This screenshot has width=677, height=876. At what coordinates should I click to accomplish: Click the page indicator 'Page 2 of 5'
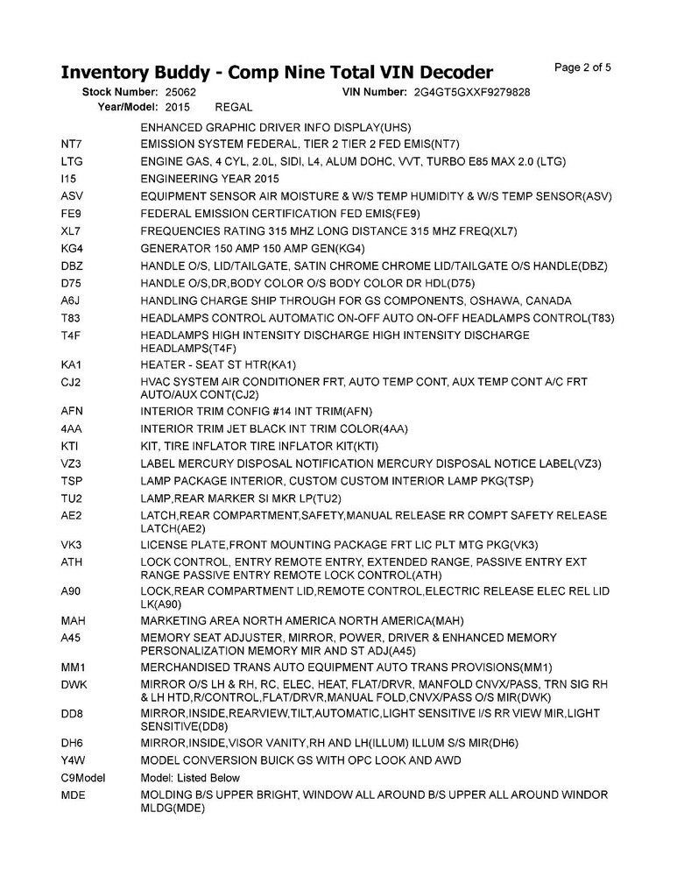click(583, 67)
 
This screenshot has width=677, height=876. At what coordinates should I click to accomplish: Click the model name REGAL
click(233, 107)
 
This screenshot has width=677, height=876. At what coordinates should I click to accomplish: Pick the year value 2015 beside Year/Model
click(177, 107)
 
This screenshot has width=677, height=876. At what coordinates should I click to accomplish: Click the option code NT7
click(71, 144)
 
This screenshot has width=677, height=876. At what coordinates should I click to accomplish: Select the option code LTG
click(72, 161)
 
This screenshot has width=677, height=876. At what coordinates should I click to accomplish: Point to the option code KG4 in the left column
click(72, 248)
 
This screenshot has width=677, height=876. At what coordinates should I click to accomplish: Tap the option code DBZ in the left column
click(73, 265)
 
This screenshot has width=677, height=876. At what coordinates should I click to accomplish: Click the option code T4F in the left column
click(71, 336)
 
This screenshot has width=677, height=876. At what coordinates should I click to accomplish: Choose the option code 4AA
click(72, 428)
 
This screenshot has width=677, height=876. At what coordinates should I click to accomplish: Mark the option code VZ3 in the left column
click(72, 463)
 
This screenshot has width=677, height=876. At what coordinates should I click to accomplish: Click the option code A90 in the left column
click(72, 592)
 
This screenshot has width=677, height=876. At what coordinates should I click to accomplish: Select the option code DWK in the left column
click(74, 684)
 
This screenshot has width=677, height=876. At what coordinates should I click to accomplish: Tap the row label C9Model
click(83, 777)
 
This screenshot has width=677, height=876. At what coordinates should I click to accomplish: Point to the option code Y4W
click(73, 759)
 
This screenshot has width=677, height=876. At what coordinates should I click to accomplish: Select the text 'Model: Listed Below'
click(190, 777)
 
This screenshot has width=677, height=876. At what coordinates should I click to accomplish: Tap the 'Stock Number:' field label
click(120, 91)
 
